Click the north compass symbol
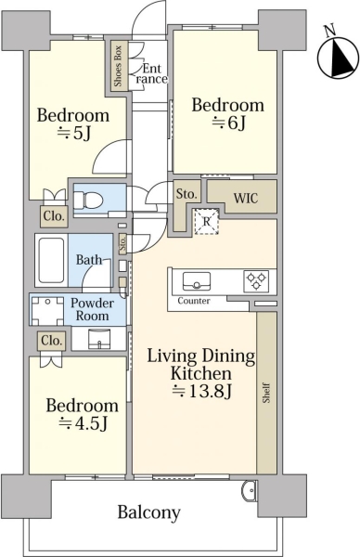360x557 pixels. [338, 56]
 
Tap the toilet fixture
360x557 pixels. [89, 200]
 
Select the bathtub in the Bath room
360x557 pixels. [51, 260]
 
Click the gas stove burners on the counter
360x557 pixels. [256, 280]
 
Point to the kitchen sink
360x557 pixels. [197, 281]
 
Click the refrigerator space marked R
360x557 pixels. [206, 222]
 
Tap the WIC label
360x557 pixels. [245, 198]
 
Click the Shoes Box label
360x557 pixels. [118, 66]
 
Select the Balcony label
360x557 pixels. [148, 512]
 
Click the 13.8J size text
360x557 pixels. [202, 391]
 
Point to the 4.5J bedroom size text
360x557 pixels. [84, 422]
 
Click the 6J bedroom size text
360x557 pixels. [229, 123]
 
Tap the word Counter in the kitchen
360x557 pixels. [194, 301]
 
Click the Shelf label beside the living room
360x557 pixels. [266, 393]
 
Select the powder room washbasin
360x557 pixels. [99, 339]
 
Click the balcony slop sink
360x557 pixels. [249, 490]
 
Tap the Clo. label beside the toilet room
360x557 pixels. [55, 216]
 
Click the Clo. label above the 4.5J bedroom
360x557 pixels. [52, 341]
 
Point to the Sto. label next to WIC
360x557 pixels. [186, 194]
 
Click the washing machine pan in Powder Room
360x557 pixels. [46, 311]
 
